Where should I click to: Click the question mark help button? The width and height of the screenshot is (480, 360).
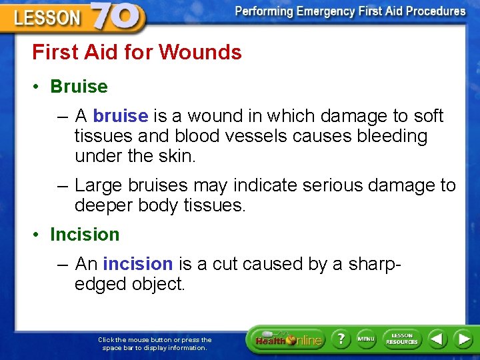click(x=339, y=339)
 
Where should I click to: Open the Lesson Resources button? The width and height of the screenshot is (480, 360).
click(x=402, y=339)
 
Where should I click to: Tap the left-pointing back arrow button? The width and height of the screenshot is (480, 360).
click(x=437, y=339)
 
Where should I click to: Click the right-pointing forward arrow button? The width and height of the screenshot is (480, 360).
click(x=463, y=339)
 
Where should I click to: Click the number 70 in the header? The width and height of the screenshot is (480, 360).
click(x=116, y=16)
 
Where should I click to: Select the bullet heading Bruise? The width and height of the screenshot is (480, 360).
click(x=79, y=87)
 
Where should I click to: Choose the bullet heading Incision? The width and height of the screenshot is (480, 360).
click(x=85, y=235)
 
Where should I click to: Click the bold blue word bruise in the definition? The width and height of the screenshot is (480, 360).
click(x=120, y=116)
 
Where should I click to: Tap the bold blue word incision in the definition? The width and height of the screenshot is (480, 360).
click(x=138, y=264)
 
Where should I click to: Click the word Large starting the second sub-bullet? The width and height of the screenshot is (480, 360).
click(x=97, y=185)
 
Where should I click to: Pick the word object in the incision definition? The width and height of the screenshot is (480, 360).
click(x=155, y=284)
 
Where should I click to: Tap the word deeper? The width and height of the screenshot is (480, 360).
click(x=103, y=205)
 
